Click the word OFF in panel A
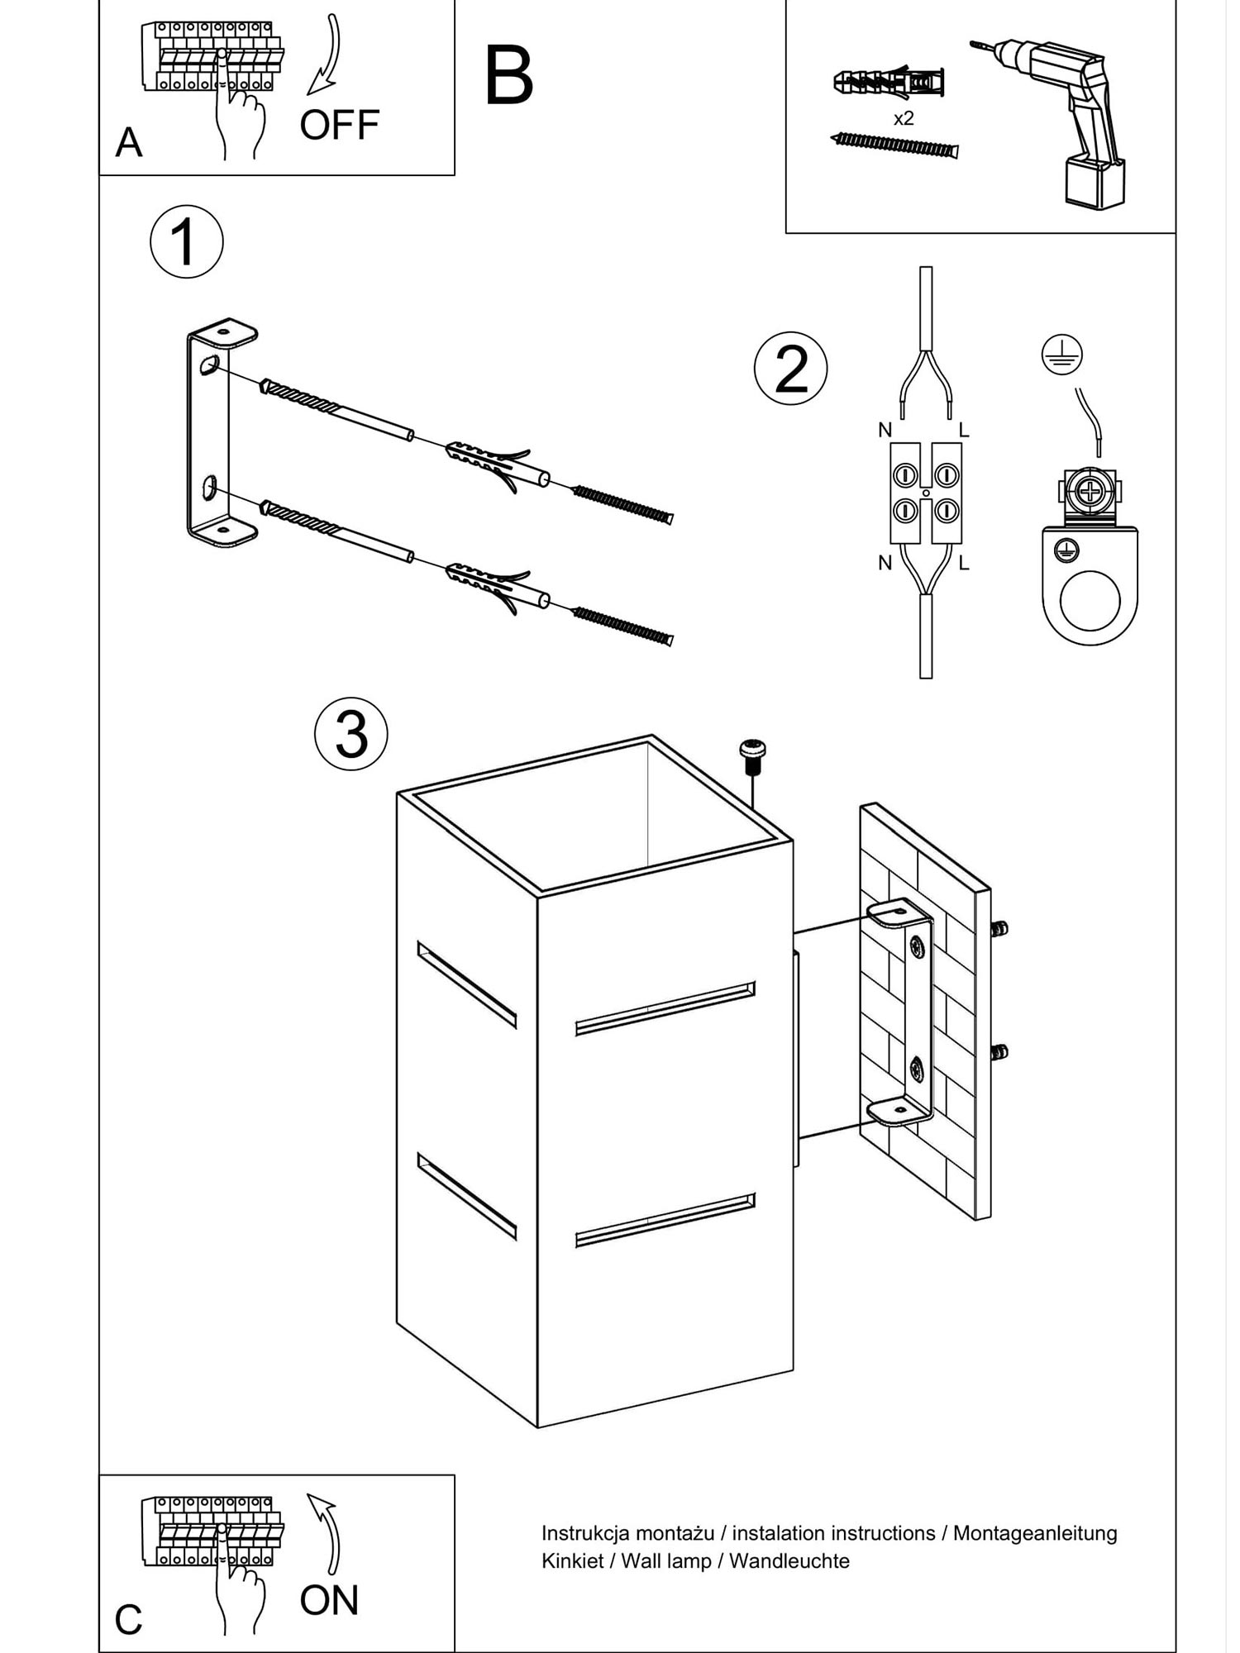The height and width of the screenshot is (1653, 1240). click(339, 125)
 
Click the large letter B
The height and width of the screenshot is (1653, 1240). click(508, 77)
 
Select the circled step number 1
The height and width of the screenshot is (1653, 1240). click(186, 242)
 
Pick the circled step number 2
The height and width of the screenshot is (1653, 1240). click(790, 369)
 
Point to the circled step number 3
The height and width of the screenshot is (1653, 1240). click(351, 734)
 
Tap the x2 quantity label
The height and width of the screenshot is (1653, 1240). click(904, 119)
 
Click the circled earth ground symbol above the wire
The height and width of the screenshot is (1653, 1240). click(1061, 355)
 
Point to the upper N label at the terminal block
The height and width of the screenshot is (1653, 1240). click(885, 430)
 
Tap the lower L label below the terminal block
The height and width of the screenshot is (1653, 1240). click(964, 564)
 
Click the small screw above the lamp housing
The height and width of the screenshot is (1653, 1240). click(751, 754)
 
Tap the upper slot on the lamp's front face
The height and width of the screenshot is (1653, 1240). click(665, 1008)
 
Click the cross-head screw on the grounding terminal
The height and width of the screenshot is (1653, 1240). click(1090, 493)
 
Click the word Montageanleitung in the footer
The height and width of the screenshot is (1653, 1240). click(1035, 1533)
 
